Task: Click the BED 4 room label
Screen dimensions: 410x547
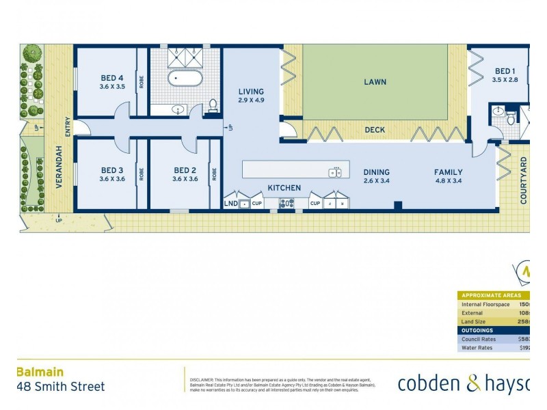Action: tap(112, 78)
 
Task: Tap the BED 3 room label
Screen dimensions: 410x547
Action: tap(112, 170)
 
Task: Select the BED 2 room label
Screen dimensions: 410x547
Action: tap(185, 170)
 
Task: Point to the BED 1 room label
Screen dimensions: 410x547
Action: tap(505, 71)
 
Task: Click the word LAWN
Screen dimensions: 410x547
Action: tap(375, 82)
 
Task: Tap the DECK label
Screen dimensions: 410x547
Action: tap(375, 129)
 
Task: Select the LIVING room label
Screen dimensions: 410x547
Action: tap(251, 92)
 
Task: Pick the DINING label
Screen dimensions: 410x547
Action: tap(376, 172)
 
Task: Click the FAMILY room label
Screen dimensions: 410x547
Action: tap(448, 172)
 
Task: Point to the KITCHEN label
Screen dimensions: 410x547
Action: tap(284, 187)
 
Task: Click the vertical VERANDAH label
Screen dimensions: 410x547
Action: tap(59, 167)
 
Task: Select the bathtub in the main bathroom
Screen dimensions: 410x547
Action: tap(185, 79)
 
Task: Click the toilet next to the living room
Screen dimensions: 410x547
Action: tap(213, 105)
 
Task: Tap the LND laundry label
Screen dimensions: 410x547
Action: tap(230, 203)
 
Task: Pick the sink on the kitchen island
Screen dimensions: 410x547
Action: tap(336, 172)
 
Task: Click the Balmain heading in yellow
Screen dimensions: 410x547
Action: tap(40, 372)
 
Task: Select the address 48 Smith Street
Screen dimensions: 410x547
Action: tap(60, 387)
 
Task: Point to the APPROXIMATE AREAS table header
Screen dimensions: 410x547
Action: tap(491, 295)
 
